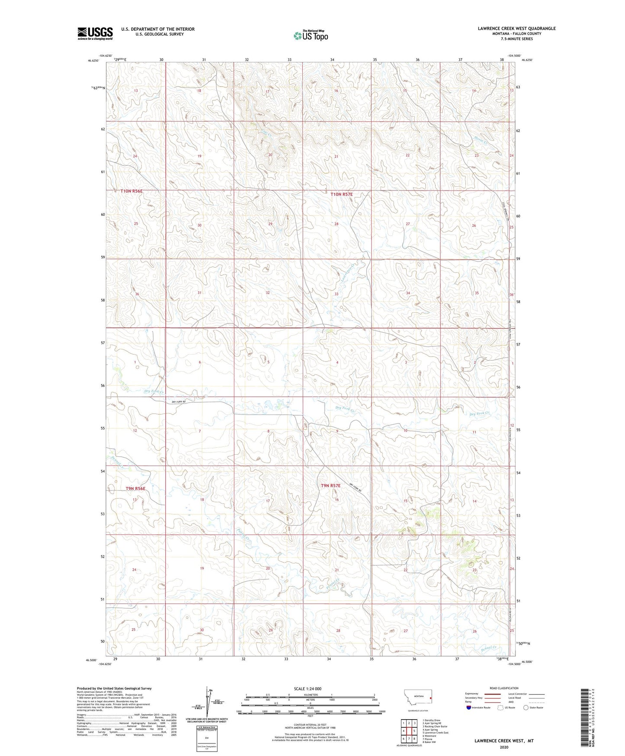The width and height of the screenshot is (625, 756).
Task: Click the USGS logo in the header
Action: tap(95, 33)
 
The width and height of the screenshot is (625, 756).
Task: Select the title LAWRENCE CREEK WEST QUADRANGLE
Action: tap(516, 29)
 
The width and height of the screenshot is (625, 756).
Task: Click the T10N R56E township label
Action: tap(131, 191)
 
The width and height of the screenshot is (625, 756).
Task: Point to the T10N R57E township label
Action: tap(341, 194)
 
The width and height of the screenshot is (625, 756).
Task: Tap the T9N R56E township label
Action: tap(135, 488)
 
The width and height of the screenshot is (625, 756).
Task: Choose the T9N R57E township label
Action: tap(330, 486)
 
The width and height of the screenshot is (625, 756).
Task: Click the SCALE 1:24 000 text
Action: tap(308, 688)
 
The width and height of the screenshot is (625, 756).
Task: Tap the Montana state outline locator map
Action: tap(417, 697)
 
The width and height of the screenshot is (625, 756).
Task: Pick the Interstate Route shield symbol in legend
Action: tap(469, 708)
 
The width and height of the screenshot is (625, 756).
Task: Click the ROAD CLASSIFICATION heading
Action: tap(504, 688)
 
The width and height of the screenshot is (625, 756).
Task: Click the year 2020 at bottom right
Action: tap(504, 747)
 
